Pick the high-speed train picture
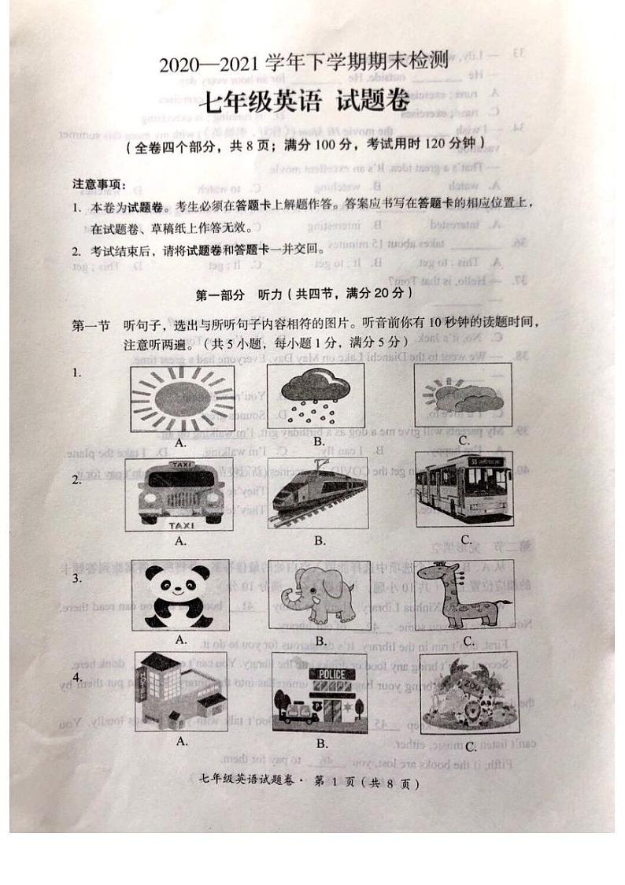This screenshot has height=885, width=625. (x=319, y=494)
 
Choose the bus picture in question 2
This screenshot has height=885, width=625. (x=464, y=489)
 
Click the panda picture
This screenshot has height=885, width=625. (x=180, y=596)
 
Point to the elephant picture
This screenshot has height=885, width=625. (x=319, y=596)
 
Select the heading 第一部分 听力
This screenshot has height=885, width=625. (x=303, y=294)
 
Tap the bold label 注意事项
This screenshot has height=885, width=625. (x=99, y=185)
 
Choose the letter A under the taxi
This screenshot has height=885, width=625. (x=180, y=540)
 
